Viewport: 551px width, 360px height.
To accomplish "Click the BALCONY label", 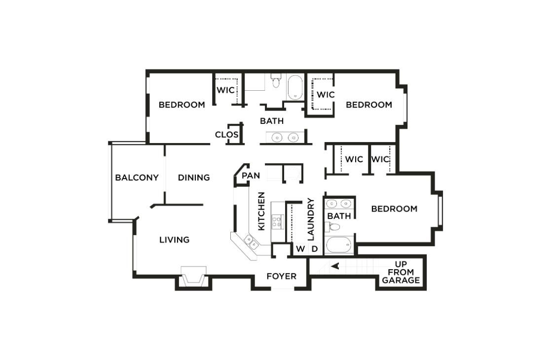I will click(137, 178).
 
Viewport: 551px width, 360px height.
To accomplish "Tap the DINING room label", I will click(194, 178).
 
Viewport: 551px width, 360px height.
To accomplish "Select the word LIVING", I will click(174, 240).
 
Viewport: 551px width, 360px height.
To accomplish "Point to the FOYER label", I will click(281, 276).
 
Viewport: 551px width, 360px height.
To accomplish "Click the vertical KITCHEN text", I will click(261, 211).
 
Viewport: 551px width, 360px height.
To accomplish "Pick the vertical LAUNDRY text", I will click(311, 219).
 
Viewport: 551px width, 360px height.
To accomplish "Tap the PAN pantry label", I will click(251, 176).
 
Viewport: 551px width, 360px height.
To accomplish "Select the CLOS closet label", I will click(227, 135).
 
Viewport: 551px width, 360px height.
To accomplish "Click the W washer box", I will click(300, 249).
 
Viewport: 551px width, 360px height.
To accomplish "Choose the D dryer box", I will click(314, 249).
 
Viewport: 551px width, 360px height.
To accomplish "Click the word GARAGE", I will click(401, 281).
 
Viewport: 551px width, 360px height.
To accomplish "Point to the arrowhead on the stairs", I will click(335, 266).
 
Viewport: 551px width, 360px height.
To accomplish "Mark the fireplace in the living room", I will click(193, 278).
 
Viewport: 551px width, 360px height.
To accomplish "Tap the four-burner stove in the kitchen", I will click(278, 221).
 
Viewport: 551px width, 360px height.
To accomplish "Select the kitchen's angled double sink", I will click(251, 241).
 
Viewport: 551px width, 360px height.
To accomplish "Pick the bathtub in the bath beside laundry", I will click(339, 245).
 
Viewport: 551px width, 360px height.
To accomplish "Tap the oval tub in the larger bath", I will click(295, 87).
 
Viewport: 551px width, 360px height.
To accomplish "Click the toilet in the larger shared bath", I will click(276, 81).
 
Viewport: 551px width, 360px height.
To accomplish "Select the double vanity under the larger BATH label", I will click(286, 137).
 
